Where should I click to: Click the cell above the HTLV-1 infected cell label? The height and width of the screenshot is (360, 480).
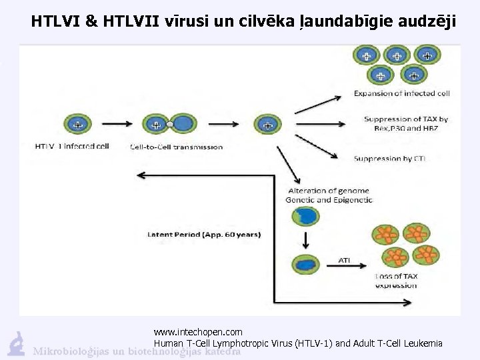click(x=79, y=124)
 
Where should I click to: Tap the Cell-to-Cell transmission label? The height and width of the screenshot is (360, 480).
click(x=177, y=147)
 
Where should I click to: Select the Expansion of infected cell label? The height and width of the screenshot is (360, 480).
click(x=401, y=93)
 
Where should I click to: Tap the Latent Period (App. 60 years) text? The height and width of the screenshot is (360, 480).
click(x=204, y=235)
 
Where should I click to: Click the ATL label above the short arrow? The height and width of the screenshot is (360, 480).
click(x=344, y=260)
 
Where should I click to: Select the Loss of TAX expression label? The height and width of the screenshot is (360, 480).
click(x=396, y=281)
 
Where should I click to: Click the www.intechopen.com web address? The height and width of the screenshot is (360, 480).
click(x=198, y=331)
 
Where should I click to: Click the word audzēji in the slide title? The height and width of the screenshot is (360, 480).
click(x=428, y=21)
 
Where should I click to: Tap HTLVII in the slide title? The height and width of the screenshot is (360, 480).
click(x=131, y=21)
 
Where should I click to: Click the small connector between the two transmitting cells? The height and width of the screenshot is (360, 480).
click(x=170, y=124)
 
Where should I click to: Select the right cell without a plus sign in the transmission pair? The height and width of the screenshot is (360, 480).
click(x=184, y=123)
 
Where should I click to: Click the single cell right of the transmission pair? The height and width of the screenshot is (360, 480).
click(x=268, y=123)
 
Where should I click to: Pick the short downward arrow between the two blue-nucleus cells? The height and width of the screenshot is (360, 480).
click(x=306, y=239)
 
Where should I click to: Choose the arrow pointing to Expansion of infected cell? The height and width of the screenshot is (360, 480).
click(x=323, y=104)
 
